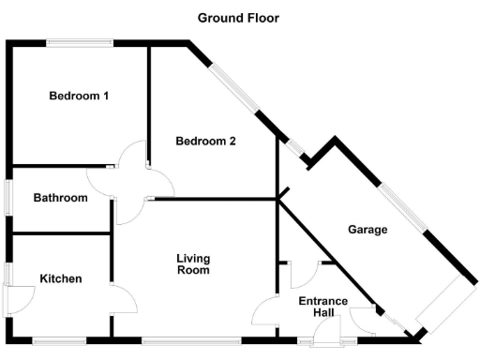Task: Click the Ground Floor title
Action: (x=238, y=18)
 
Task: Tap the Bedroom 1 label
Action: (x=79, y=96)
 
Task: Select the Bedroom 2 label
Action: (x=205, y=142)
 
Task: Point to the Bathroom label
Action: (x=60, y=198)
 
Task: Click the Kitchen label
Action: (x=60, y=278)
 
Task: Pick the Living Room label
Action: (x=194, y=263)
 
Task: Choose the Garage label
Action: (x=368, y=229)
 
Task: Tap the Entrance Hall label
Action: (x=322, y=307)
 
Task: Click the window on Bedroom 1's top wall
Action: (x=81, y=41)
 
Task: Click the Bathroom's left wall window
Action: (x=8, y=198)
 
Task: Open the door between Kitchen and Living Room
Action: (x=122, y=300)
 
